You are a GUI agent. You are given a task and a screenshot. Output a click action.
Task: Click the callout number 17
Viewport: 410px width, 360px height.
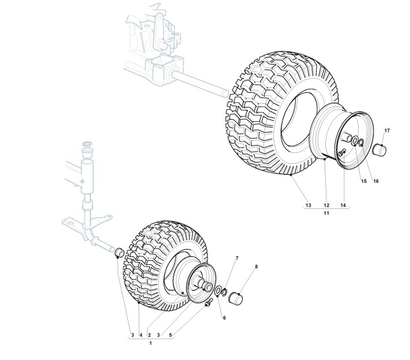[387, 131]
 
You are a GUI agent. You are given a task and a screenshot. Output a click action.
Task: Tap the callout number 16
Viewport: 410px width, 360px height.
[375, 181]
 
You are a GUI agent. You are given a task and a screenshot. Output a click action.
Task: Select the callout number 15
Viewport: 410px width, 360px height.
[364, 181]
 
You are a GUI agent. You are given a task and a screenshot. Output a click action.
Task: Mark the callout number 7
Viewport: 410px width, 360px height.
[236, 257]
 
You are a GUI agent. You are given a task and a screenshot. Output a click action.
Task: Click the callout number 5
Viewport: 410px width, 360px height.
[170, 335]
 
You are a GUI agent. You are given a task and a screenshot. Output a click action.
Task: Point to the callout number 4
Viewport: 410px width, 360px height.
[140, 335]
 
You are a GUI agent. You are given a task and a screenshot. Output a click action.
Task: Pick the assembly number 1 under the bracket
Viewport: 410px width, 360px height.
[151, 343]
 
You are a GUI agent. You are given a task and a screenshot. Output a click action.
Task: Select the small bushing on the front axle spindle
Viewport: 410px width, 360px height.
[116, 252]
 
